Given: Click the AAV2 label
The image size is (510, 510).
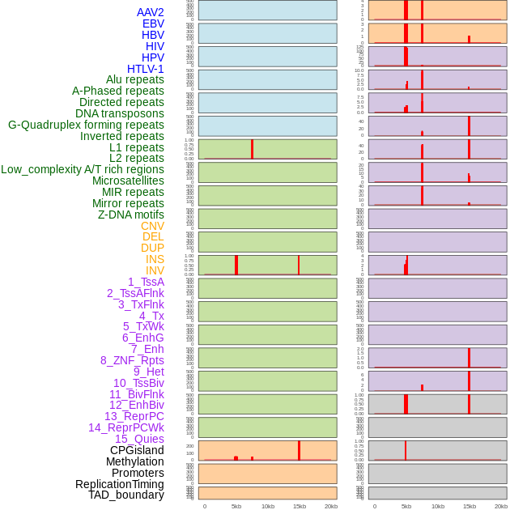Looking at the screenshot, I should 150,12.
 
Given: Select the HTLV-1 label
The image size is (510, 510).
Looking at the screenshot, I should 145,69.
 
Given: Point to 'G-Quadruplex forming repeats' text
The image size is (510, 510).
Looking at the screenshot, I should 86,125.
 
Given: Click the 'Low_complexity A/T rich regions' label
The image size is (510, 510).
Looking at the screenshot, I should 83,169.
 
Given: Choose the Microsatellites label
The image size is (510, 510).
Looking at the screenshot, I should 128,181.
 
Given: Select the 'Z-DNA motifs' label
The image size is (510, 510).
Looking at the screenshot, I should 130,215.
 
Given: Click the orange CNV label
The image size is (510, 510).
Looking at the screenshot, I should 152,226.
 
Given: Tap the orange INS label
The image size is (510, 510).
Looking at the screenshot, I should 155,259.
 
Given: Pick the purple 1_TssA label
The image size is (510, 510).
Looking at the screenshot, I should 146,282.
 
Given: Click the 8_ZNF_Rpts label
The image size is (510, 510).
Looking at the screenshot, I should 132,360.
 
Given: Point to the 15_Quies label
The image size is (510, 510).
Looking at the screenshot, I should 139,439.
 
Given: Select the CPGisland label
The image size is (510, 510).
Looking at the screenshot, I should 137,450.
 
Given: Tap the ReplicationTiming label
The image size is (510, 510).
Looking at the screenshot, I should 120,484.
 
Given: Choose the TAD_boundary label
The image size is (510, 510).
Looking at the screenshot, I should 126,495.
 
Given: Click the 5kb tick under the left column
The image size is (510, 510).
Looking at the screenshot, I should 236,506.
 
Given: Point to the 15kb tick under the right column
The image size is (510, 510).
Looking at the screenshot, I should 469,506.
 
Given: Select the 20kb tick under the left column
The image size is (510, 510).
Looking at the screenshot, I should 331,506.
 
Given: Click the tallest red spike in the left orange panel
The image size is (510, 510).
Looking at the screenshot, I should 299,450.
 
